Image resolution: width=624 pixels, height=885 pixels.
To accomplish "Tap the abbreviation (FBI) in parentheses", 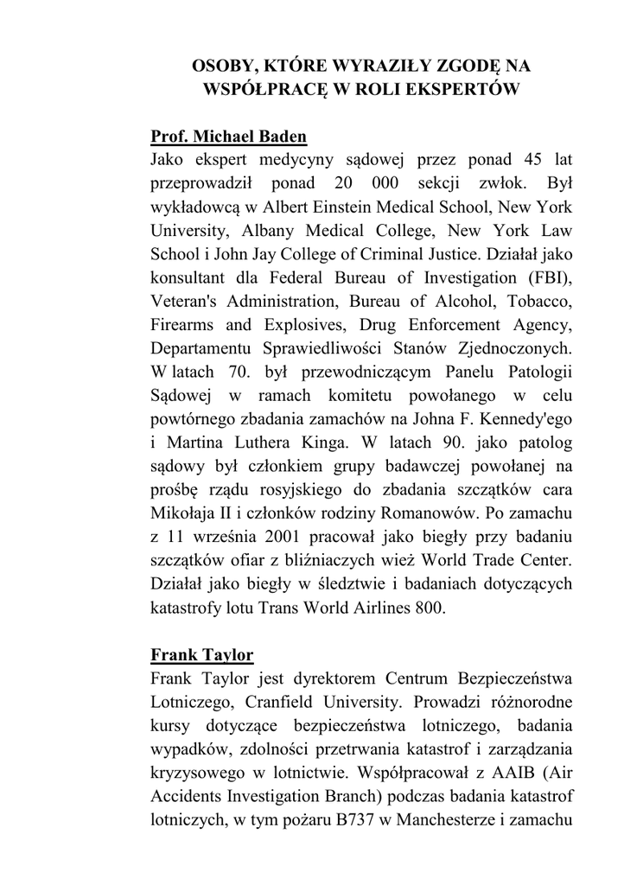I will tap(545, 278).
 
